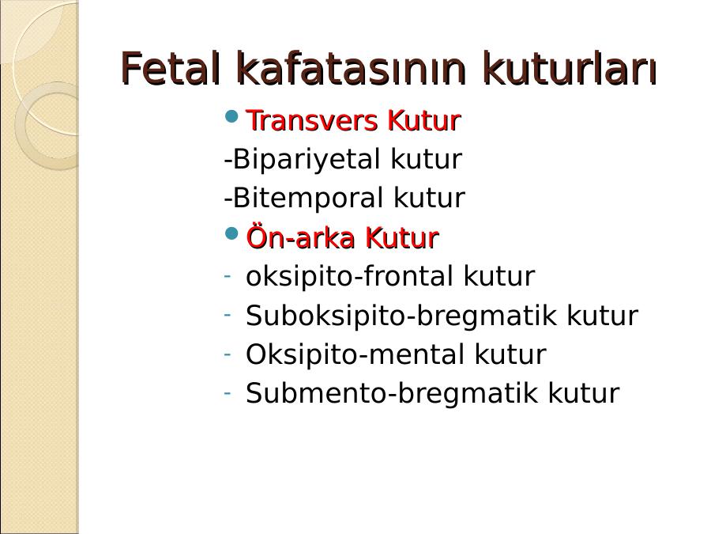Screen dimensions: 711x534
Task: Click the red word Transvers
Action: pyautogui.click(x=312, y=120)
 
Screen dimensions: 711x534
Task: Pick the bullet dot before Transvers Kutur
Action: pyautogui.click(x=231, y=116)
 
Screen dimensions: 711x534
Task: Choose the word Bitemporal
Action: pyautogui.click(x=307, y=198)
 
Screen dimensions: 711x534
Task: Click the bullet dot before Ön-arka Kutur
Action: pyautogui.click(x=231, y=234)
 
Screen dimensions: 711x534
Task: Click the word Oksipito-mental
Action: pyautogui.click(x=355, y=354)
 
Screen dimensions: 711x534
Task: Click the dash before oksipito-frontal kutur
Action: pyautogui.click(x=228, y=275)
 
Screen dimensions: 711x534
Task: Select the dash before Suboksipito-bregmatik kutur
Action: pyautogui.click(x=228, y=314)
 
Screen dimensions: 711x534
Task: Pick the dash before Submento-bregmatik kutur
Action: pyautogui.click(x=228, y=392)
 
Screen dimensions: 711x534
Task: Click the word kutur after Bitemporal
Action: pyautogui.click(x=429, y=198)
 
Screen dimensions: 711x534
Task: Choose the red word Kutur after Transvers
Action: pyautogui.click(x=424, y=120)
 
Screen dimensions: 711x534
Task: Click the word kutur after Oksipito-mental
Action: pyautogui.click(x=510, y=354)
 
